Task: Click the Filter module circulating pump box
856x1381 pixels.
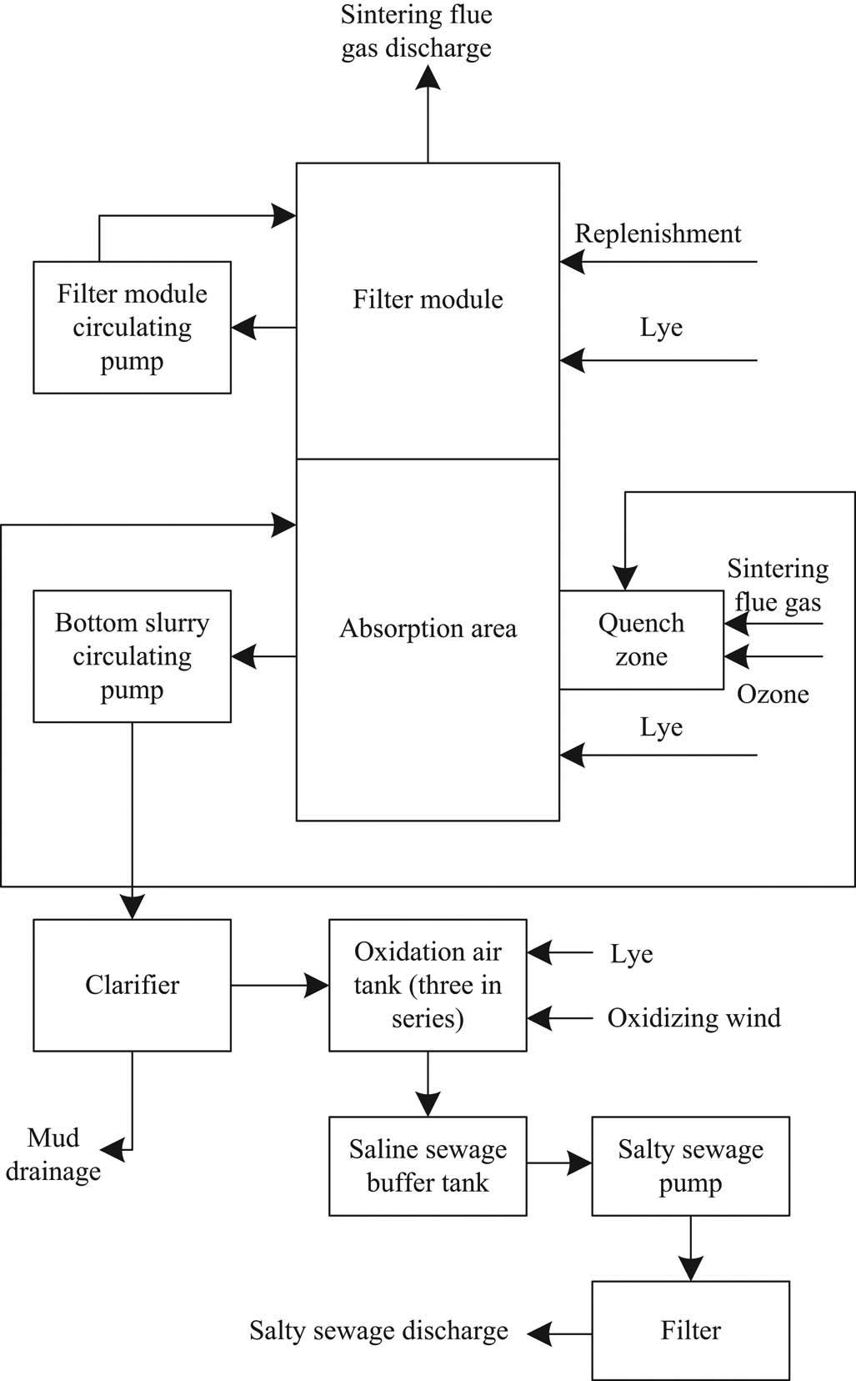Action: pyautogui.click(x=132, y=327)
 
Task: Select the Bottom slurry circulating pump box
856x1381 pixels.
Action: pyautogui.click(x=132, y=656)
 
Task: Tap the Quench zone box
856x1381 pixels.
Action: pyautogui.click(x=641, y=640)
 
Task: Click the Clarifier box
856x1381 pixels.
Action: pyautogui.click(x=132, y=985)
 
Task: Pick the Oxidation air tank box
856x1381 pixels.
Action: pyautogui.click(x=428, y=985)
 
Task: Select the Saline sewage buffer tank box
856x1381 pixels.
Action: pyautogui.click(x=428, y=1166)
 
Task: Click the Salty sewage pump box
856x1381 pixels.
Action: pyautogui.click(x=690, y=1166)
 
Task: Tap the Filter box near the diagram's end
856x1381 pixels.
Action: pyautogui.click(x=690, y=1330)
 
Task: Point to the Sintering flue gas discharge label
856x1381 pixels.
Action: pyautogui.click(x=416, y=31)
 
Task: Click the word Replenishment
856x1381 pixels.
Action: pyautogui.click(x=658, y=234)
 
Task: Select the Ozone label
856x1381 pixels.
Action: pyautogui.click(x=773, y=695)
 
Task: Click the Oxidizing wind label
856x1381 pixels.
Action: pyautogui.click(x=693, y=1018)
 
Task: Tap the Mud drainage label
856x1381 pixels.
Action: pyautogui.click(x=53, y=1154)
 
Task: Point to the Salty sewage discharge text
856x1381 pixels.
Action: pyautogui.click(x=378, y=1331)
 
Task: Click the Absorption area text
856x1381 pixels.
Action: pyautogui.click(x=428, y=629)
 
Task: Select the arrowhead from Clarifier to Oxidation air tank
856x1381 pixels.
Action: pyautogui.click(x=318, y=986)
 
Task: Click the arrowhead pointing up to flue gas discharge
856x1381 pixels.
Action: pyautogui.click(x=428, y=76)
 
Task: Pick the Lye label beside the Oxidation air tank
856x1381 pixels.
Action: pyautogui.click(x=631, y=954)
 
